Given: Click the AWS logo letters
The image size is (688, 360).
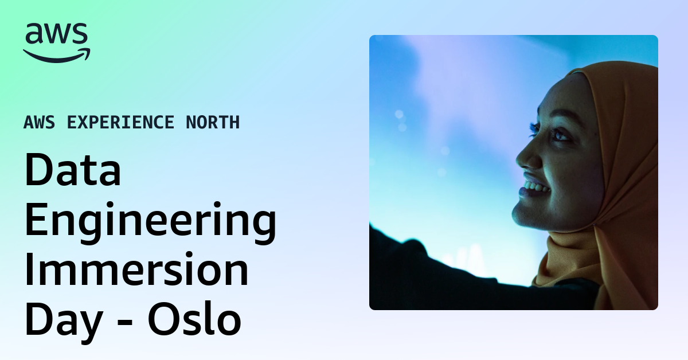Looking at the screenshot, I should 56,34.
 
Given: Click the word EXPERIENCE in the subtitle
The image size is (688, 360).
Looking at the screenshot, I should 120,122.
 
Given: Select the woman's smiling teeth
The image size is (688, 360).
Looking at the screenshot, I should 534,187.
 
